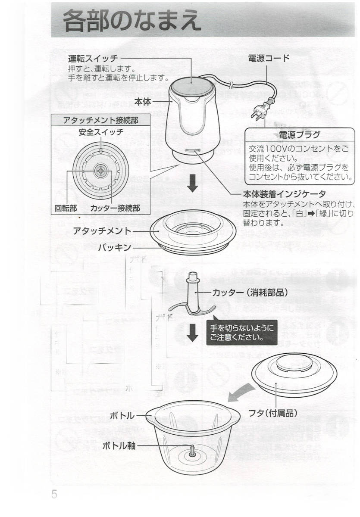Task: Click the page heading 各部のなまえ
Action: (x=131, y=20)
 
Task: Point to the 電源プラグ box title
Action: (x=299, y=135)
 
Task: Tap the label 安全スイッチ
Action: (x=101, y=132)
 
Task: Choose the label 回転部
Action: (x=66, y=208)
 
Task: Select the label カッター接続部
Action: (x=115, y=208)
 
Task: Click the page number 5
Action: (x=54, y=494)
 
